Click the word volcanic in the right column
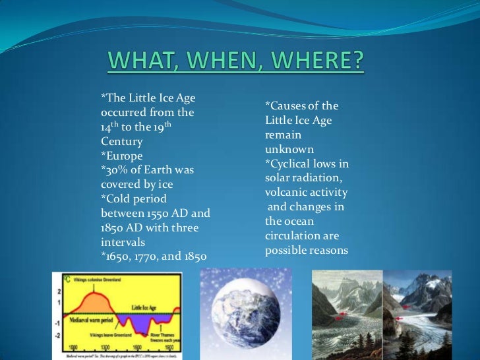pyautogui.click(x=287, y=193)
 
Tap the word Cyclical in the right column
pyautogui.click(x=293, y=164)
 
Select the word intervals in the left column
pyautogui.click(x=124, y=242)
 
